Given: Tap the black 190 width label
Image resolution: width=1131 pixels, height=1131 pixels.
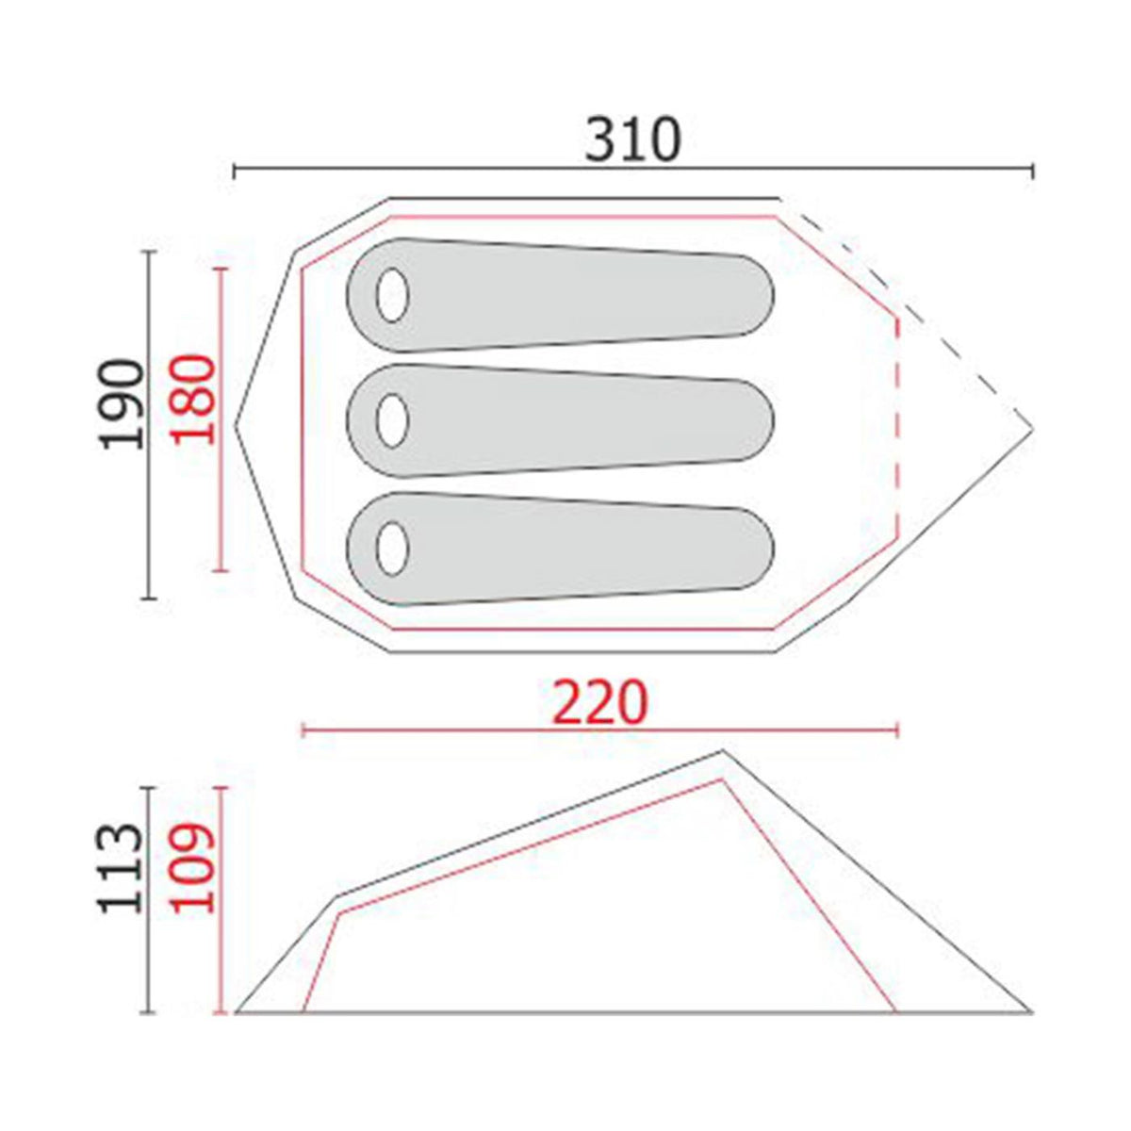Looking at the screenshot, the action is pyautogui.click(x=123, y=405).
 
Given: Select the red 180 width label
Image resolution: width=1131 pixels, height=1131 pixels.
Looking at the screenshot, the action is pyautogui.click(x=193, y=399).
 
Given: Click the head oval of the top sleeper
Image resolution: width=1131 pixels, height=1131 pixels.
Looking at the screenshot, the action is pyautogui.click(x=393, y=295).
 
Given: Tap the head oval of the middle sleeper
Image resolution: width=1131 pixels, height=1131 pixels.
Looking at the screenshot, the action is pyautogui.click(x=393, y=420).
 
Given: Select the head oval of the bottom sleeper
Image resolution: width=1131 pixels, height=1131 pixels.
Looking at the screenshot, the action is pyautogui.click(x=393, y=549).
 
